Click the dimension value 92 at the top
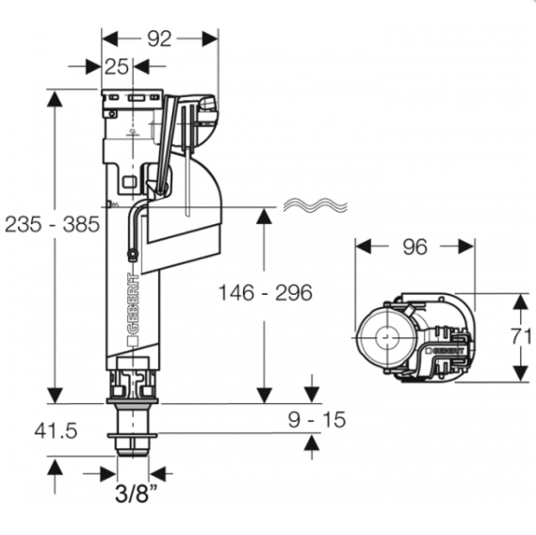click(x=159, y=39)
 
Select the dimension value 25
click(x=117, y=67)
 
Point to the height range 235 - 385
click(x=53, y=224)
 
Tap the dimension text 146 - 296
click(x=266, y=292)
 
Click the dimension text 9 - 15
click(x=317, y=419)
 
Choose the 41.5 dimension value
click(x=57, y=430)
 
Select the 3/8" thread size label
click(x=136, y=493)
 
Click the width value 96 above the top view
click(x=415, y=247)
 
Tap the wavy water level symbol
click(x=316, y=205)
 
